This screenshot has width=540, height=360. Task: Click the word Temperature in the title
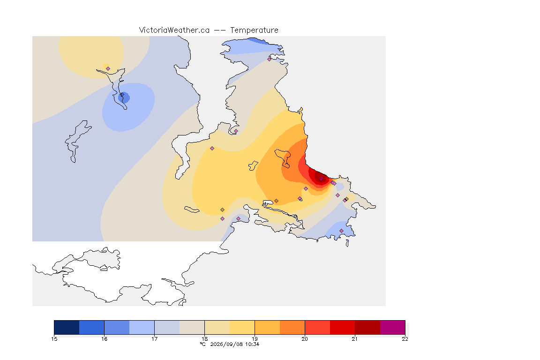coord(254,30)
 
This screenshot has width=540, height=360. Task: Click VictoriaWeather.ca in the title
coord(174,30)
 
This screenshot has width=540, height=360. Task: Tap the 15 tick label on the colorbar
coord(54,339)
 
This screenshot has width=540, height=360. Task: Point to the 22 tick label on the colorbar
coord(405,339)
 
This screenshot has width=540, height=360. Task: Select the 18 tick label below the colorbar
coord(204,339)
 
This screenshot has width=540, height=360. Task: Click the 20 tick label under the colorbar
coord(305,339)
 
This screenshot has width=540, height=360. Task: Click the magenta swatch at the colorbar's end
coord(393,327)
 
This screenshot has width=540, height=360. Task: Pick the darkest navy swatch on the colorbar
coord(67,327)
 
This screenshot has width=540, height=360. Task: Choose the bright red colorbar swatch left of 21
coord(342,327)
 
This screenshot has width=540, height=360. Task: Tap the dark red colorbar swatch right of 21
coord(367,327)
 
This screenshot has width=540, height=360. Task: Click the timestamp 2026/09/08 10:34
coord(234,344)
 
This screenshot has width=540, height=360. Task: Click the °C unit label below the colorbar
coord(202,344)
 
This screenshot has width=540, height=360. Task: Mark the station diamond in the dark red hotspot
coord(321,180)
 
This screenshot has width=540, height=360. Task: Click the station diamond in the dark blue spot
coord(122,94)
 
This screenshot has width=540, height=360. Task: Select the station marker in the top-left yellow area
coord(108,69)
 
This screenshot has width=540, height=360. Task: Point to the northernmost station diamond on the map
coord(270,59)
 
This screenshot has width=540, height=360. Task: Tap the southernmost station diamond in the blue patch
coord(341,231)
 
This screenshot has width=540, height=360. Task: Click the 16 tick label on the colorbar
coord(105,339)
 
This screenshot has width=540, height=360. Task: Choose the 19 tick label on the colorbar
coord(255,339)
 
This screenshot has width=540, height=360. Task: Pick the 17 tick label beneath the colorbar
coord(154,339)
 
